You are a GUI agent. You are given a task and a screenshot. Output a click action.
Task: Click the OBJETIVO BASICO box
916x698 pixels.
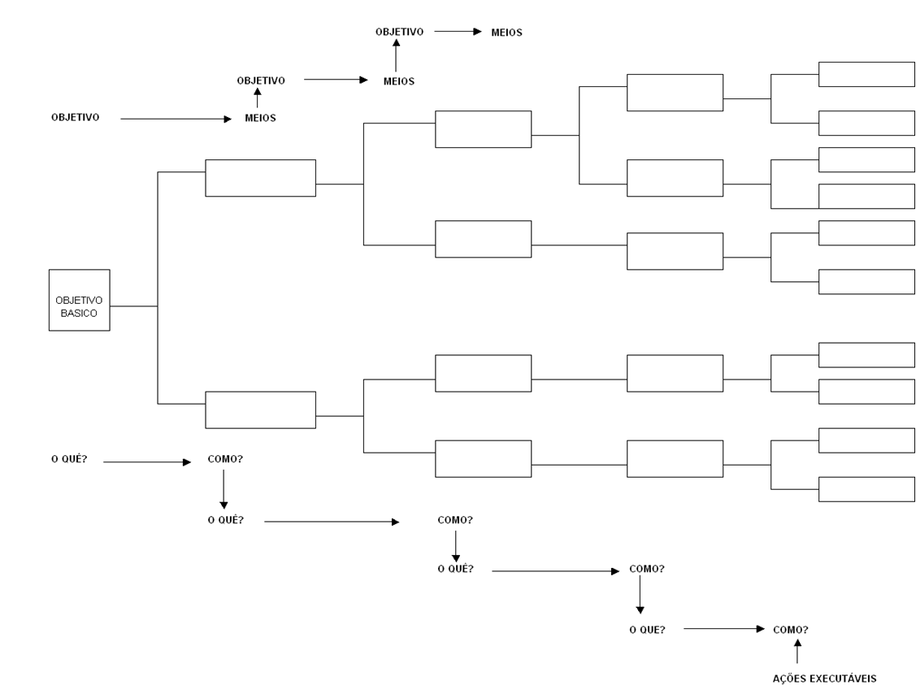pos(79,300)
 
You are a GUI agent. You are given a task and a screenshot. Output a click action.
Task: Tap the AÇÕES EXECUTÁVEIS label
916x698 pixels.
pos(825,678)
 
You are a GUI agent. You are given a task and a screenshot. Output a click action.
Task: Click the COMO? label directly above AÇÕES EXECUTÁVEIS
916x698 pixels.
pos(790,629)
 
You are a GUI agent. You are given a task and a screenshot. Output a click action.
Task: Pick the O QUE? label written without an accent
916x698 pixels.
pos(647,629)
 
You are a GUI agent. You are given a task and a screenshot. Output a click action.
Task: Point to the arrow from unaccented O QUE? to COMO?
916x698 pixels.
pos(724,629)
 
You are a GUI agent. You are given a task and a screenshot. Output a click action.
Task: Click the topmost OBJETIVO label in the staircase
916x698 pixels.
pos(399,32)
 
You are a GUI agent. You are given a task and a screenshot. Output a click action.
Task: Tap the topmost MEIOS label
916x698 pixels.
pos(506,33)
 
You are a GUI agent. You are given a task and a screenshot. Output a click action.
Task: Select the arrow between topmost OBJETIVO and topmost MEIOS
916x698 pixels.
pos(458,32)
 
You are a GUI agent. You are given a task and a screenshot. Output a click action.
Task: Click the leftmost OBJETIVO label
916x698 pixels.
pos(75,117)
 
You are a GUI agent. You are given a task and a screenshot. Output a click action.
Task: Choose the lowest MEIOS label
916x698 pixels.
pos(260,118)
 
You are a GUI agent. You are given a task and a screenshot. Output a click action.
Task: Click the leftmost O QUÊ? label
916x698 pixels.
pos(69,459)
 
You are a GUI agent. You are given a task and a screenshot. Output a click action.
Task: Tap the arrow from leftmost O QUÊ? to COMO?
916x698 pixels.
pos(146,462)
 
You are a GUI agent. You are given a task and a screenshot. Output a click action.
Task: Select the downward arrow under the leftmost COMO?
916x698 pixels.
pos(224,492)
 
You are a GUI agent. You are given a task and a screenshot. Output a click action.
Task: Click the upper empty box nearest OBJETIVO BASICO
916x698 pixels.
pos(260,178)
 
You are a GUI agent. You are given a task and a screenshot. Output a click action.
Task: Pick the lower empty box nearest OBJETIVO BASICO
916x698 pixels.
pos(260,410)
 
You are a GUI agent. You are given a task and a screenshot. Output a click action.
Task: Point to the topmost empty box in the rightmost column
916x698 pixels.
pos(866,74)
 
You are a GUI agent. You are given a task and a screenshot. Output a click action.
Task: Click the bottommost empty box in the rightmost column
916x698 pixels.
pos(866,489)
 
